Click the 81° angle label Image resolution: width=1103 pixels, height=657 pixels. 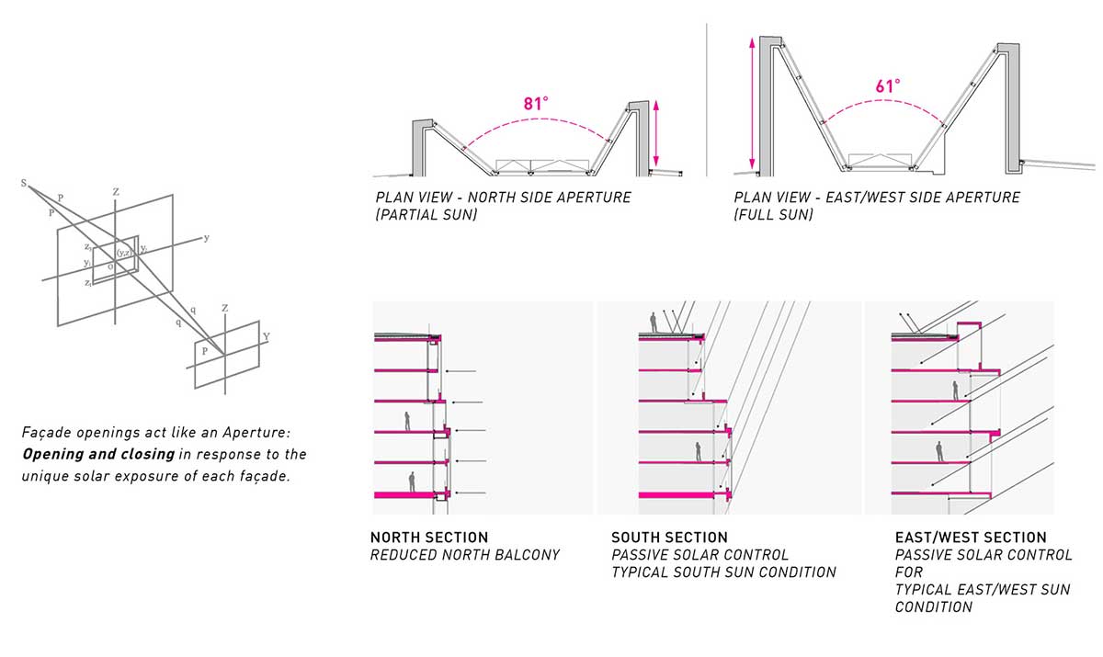click(536, 103)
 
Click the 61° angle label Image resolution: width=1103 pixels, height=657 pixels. click(888, 86)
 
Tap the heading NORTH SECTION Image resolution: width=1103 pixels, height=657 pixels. click(429, 537)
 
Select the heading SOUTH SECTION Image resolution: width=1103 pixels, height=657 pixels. click(669, 537)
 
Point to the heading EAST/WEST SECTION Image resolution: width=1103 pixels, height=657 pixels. click(971, 537)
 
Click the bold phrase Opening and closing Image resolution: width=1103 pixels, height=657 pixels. click(98, 454)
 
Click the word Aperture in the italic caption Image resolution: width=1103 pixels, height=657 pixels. click(256, 433)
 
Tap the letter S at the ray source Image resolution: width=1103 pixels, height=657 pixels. click(24, 183)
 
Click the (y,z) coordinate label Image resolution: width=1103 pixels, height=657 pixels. click(123, 253)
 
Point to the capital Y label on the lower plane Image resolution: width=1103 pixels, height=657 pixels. click(267, 336)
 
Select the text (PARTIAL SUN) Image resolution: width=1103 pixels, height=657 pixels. click(426, 215)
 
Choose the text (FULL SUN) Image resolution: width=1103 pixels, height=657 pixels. click(773, 215)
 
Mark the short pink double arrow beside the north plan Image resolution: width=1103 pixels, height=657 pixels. click(656, 133)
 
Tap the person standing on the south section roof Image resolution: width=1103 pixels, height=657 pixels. click(654, 323)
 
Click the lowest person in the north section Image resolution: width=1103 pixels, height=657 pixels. click(412, 481)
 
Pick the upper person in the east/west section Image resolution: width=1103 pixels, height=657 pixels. click(955, 391)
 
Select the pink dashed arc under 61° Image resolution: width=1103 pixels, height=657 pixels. click(885, 101)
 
